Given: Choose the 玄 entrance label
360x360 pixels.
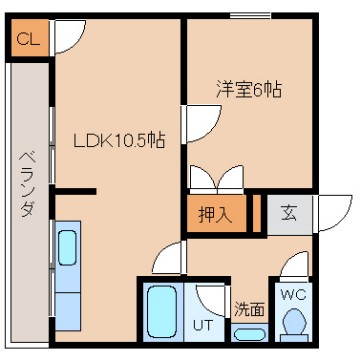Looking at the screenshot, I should (x=288, y=212).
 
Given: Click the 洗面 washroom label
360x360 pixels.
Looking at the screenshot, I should (x=248, y=310).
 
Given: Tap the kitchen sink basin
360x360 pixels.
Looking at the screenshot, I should (x=69, y=246).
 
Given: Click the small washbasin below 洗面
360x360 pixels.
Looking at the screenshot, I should (x=250, y=333).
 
